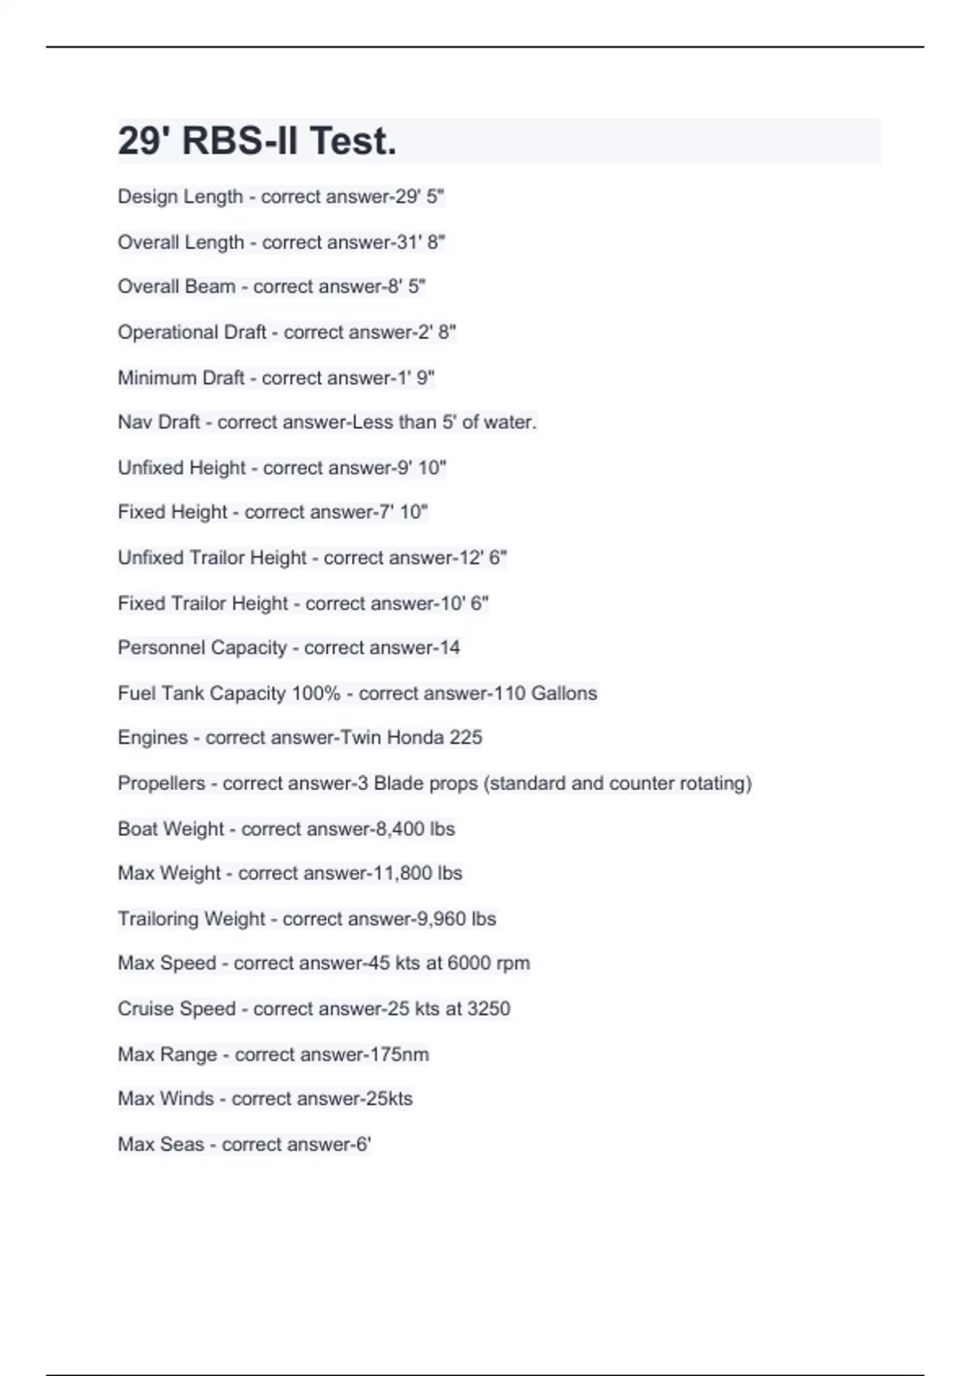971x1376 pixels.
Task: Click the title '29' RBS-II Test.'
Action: point(257,141)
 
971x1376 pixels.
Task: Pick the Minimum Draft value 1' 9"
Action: point(415,378)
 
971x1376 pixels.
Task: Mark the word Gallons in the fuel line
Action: point(564,694)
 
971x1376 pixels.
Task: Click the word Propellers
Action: point(161,784)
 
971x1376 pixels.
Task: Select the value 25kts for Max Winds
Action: point(389,1098)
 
